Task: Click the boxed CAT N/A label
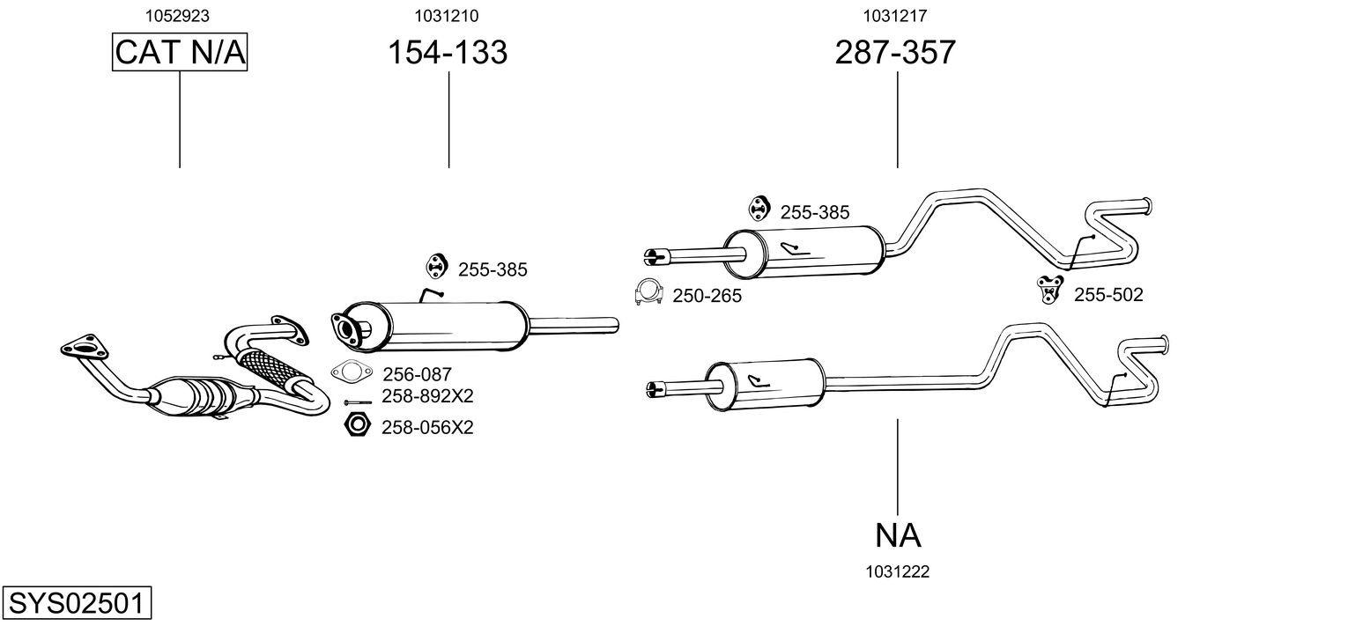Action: point(180,53)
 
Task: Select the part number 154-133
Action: point(448,53)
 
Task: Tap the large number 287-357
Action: point(895,53)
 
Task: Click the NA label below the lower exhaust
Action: point(898,534)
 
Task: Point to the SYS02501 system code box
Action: point(76,604)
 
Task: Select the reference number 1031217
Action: point(895,15)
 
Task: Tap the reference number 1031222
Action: point(898,571)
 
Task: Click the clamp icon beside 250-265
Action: point(648,292)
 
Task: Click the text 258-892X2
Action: point(427,396)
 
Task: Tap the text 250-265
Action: point(707,296)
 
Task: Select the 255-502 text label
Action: point(1107,295)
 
